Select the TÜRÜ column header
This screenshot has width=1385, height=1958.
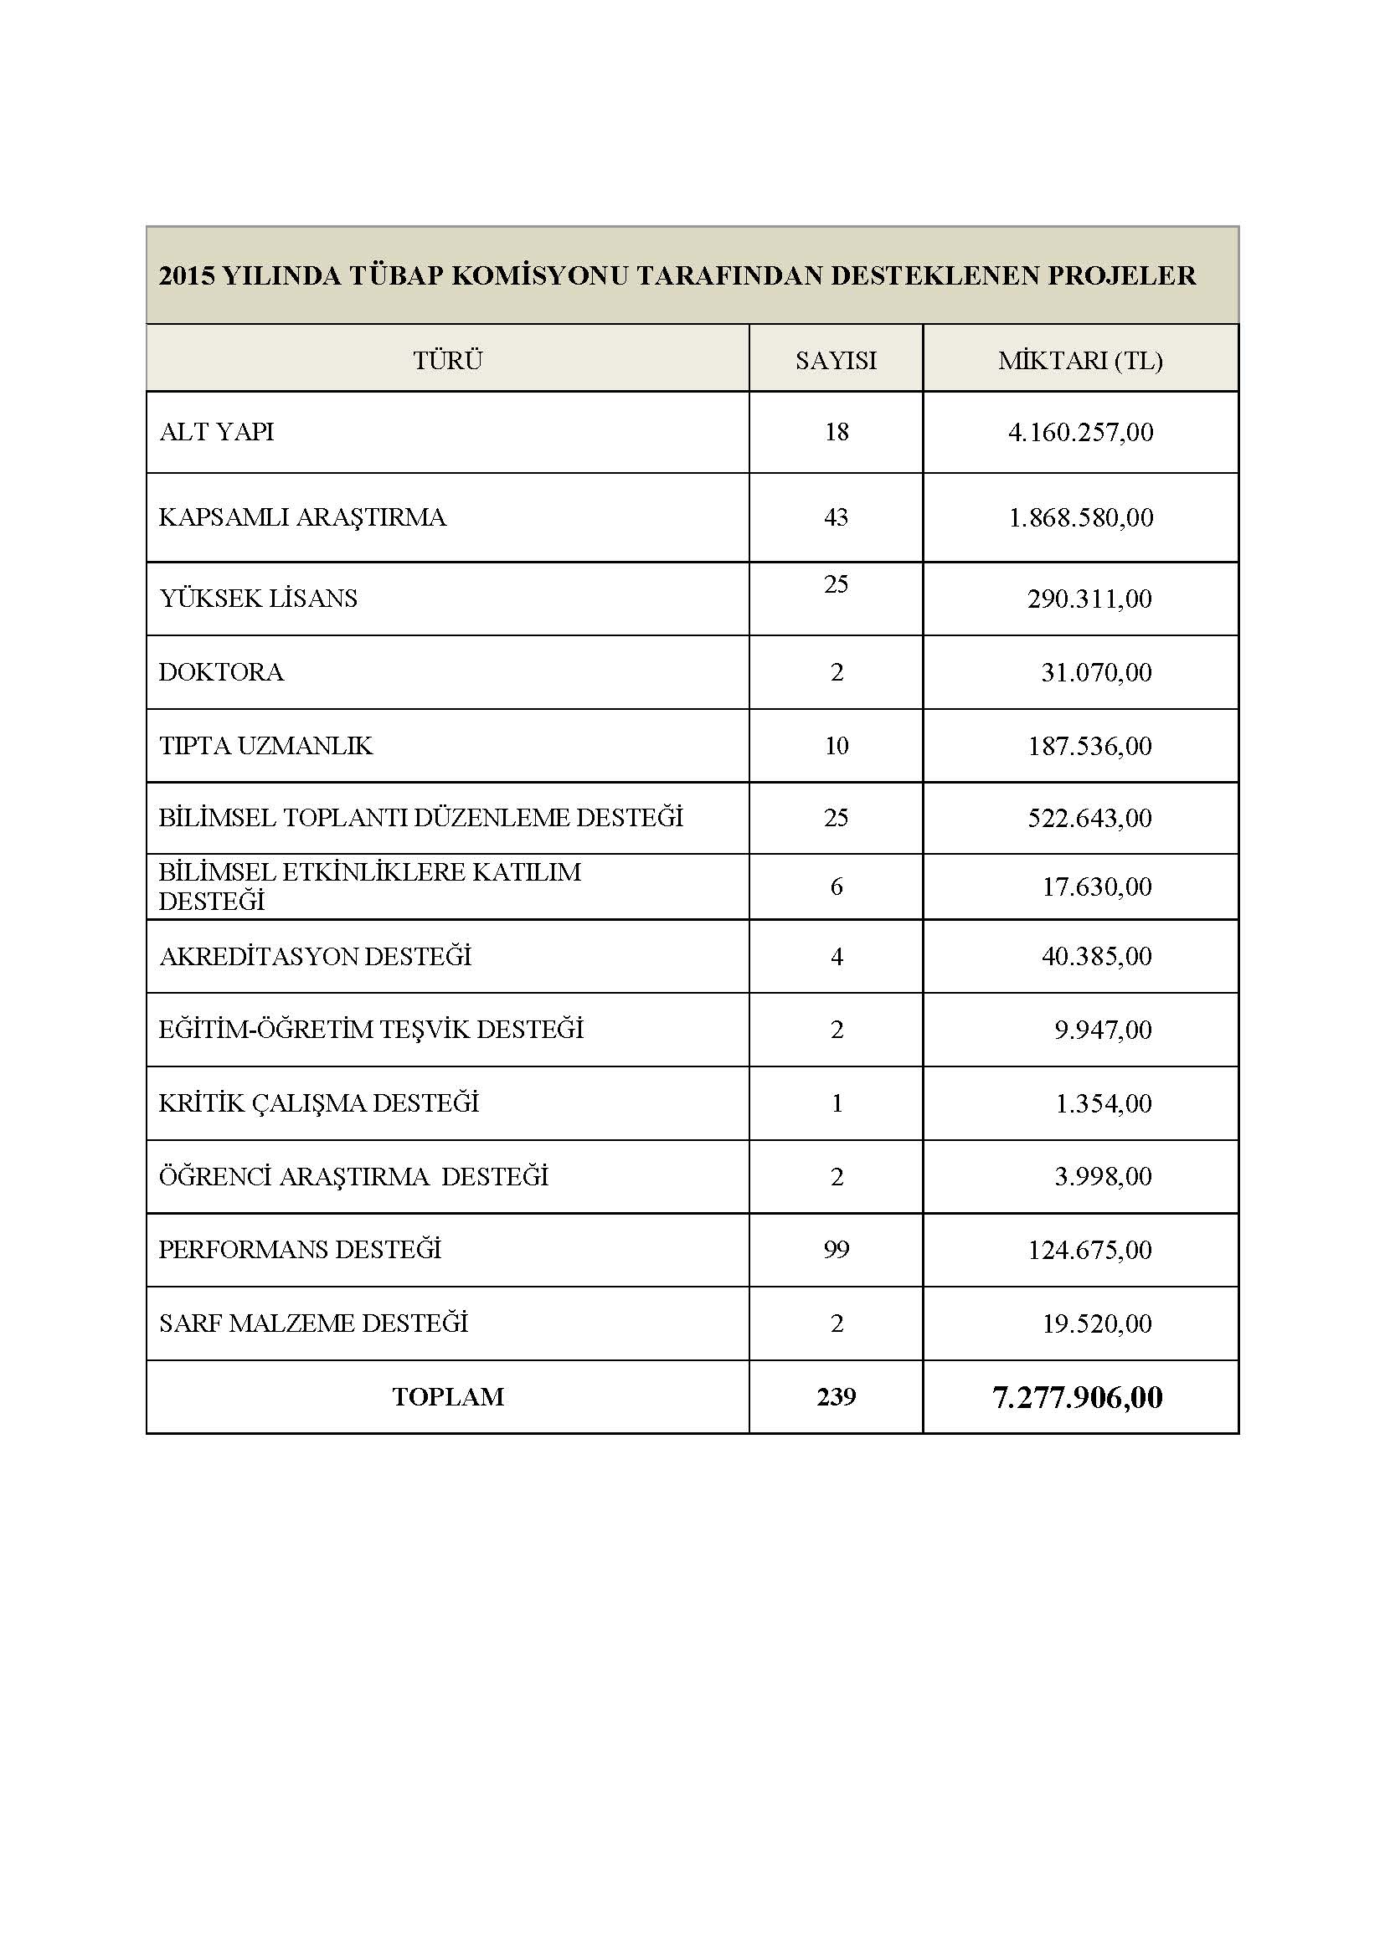448,361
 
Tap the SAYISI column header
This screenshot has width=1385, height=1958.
836,361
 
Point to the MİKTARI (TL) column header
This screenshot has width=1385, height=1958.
1080,361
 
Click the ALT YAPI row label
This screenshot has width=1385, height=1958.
217,432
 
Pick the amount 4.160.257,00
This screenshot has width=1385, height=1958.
1080,432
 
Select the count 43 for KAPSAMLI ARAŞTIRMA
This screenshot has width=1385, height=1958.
836,517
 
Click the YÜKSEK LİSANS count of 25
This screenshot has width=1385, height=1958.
836,584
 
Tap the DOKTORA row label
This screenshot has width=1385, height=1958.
221,673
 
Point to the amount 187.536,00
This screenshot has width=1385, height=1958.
1089,746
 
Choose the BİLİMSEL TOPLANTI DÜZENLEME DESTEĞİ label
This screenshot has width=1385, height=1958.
420,818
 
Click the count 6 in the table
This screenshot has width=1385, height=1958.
836,886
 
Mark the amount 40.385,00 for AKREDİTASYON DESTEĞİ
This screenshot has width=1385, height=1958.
1096,956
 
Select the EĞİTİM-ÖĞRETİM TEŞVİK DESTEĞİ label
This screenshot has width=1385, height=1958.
371,1030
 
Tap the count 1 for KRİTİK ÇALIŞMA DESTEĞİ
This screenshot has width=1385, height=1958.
836,1103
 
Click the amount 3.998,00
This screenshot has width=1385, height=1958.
1103,1177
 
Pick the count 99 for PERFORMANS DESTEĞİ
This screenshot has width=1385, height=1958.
836,1250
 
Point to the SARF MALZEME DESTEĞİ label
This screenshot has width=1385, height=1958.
314,1323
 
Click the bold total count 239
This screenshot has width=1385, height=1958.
836,1397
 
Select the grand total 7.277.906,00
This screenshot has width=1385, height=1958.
1077,1398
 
